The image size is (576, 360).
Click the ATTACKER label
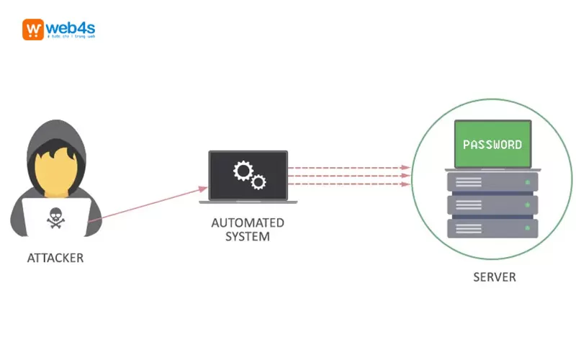[x=55, y=258]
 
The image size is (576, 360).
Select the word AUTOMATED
[x=248, y=222]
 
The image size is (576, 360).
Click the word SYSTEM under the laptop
[x=248, y=236]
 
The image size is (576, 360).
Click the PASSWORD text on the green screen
[x=492, y=145]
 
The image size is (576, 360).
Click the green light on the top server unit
[x=528, y=183]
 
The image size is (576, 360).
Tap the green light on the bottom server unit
[x=528, y=229]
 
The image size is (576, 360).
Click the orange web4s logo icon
[x=32, y=30]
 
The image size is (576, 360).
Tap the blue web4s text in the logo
[x=70, y=28]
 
